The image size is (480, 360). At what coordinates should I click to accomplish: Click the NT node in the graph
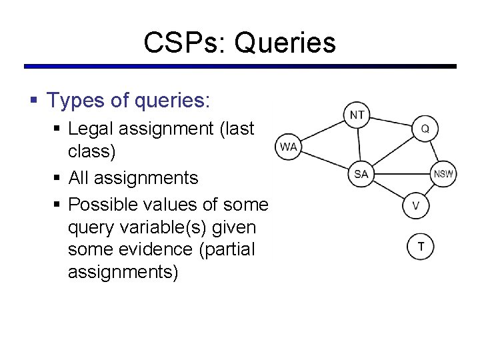[x=358, y=115]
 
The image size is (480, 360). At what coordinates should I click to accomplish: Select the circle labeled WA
[x=288, y=147]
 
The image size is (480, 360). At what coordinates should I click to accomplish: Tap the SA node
[x=361, y=175]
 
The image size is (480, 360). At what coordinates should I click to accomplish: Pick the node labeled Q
[x=425, y=128]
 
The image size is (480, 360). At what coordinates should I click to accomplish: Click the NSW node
[x=443, y=175]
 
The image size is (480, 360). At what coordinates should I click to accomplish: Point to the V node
[x=416, y=205]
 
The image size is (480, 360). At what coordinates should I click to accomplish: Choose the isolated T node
[x=421, y=247]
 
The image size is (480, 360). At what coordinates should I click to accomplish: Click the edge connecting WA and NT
[x=323, y=131]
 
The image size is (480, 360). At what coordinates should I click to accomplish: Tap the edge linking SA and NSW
[x=402, y=175]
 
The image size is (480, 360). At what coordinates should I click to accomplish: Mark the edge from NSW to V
[x=430, y=190]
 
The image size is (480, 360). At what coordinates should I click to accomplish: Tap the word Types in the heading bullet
[x=73, y=101]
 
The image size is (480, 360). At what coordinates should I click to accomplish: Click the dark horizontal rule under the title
[x=240, y=67]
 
